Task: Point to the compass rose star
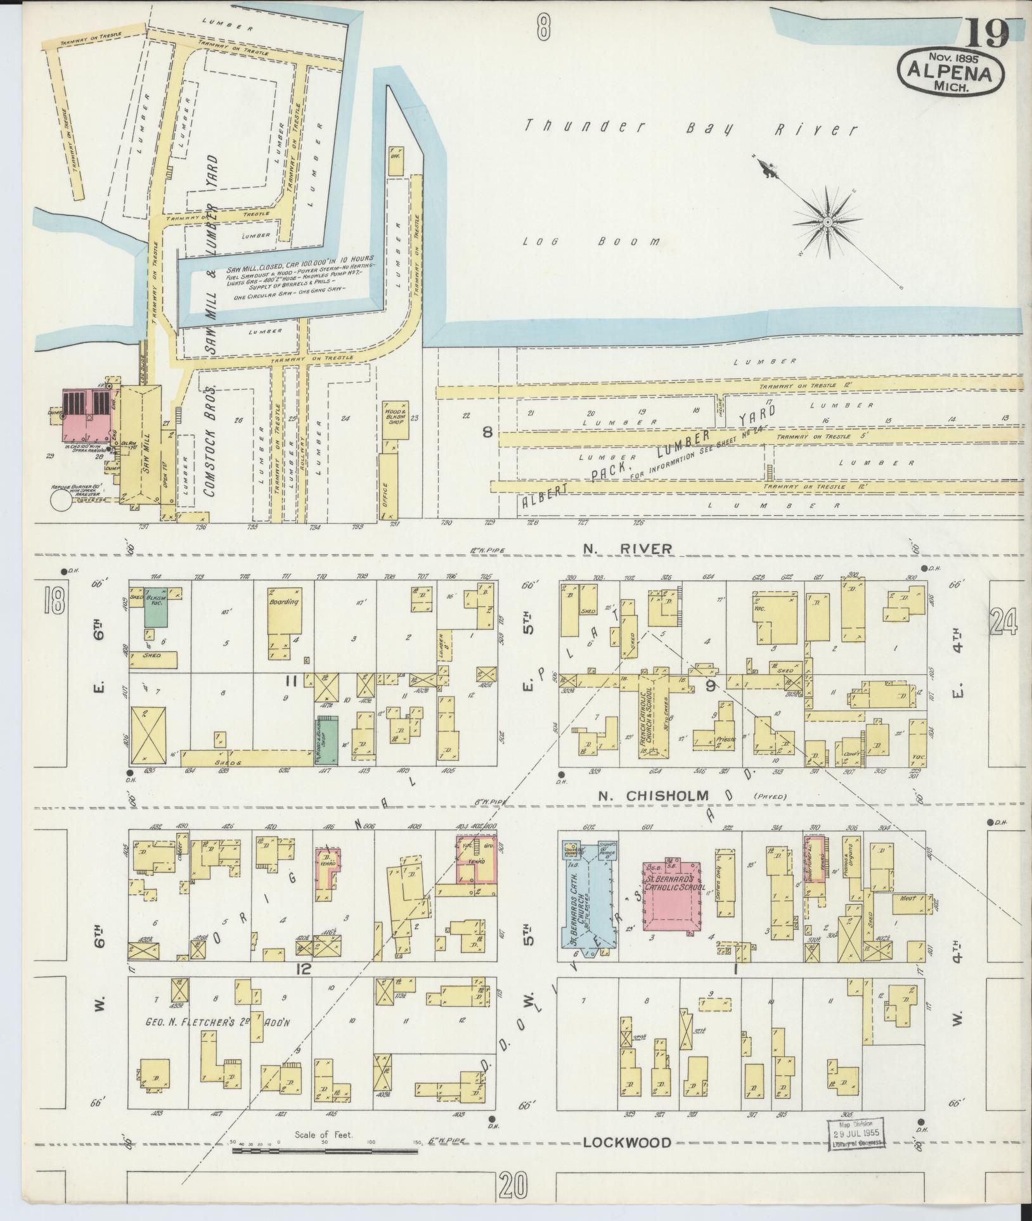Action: pos(828,221)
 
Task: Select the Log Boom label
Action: pos(591,241)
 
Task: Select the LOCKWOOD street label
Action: pos(626,1142)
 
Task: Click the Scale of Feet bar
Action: pos(325,1149)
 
